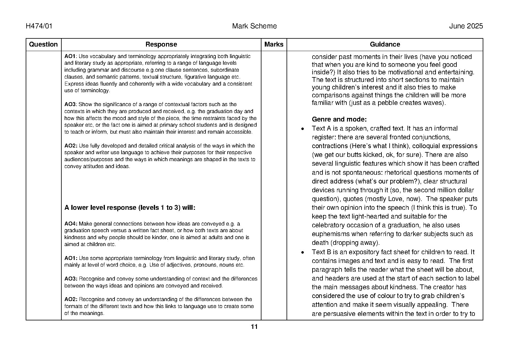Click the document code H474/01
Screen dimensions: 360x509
point(39,26)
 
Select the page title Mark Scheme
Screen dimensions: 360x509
point(254,26)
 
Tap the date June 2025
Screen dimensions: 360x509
point(466,26)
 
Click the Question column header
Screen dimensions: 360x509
point(43,44)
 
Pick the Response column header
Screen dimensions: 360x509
point(161,44)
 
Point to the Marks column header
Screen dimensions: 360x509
point(274,44)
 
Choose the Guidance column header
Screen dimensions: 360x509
point(385,44)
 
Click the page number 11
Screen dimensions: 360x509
point(254,327)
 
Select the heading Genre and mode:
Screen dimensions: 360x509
point(339,119)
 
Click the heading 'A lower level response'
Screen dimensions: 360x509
point(130,208)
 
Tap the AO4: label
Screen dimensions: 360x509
point(71,224)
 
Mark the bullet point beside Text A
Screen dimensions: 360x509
point(303,129)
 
